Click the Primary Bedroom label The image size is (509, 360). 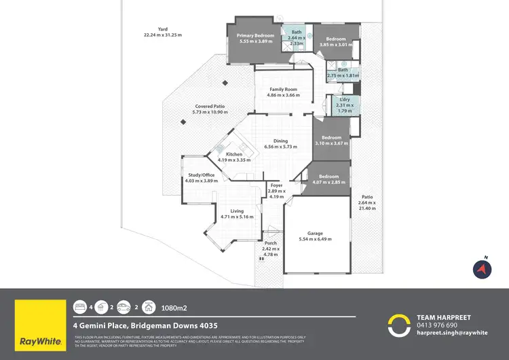pyautogui.click(x=255, y=35)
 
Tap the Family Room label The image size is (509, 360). pyautogui.click(x=283, y=90)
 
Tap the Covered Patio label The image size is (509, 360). pyautogui.click(x=210, y=107)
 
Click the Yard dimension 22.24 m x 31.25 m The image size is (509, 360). pyautogui.click(x=163, y=35)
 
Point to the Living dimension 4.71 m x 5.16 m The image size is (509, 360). pyautogui.click(x=237, y=217)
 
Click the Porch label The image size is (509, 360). pyautogui.click(x=270, y=242)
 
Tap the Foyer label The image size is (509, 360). pyautogui.click(x=276, y=185)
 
